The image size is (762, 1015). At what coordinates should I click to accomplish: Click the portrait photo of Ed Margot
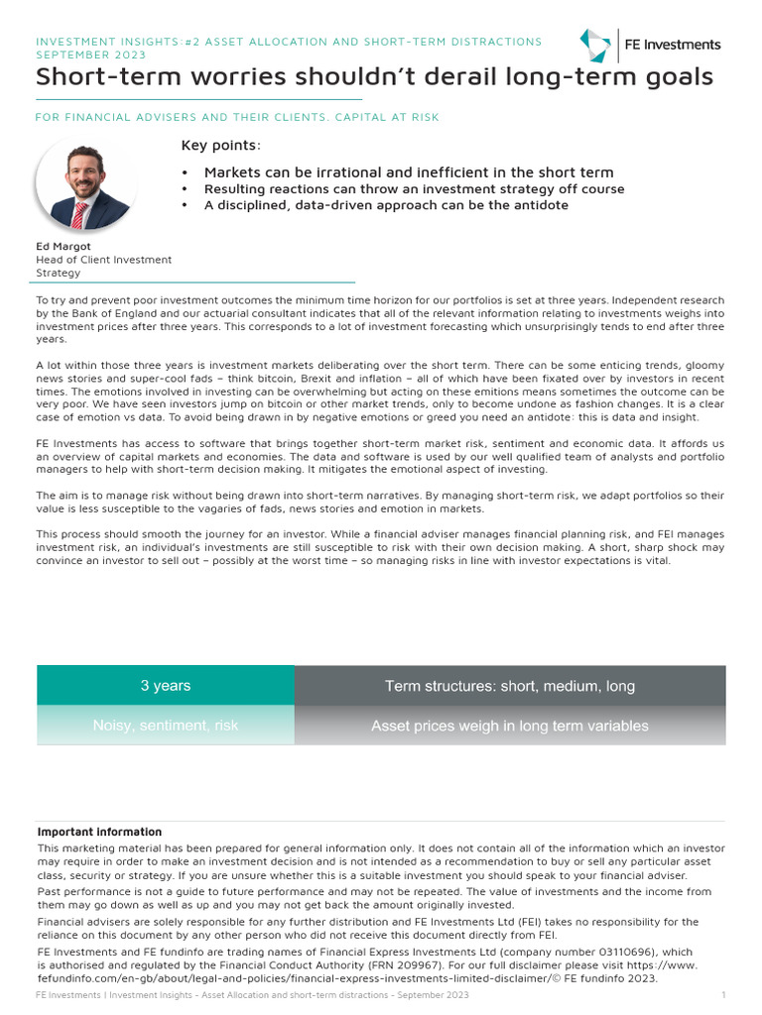(84, 183)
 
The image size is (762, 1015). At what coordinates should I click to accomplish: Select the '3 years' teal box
(166, 686)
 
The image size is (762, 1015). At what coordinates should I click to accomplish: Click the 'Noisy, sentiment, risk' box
(166, 726)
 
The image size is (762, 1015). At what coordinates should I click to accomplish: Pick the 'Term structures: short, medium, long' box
(510, 686)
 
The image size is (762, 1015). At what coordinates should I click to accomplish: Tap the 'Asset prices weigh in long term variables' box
(510, 726)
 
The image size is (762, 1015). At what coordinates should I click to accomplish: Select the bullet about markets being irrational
(409, 172)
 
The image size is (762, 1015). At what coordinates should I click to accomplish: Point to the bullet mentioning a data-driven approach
(386, 205)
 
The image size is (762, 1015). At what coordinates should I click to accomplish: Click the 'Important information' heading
(99, 833)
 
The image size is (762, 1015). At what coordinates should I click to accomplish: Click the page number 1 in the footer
(723, 995)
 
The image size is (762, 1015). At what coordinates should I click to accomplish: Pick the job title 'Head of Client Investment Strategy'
(103, 266)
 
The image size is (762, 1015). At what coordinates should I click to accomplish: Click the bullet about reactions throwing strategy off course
(414, 188)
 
